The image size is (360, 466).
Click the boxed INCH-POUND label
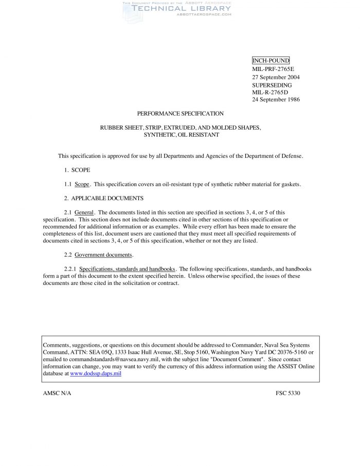pos(271,61)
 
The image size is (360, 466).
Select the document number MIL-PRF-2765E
pos(273,69)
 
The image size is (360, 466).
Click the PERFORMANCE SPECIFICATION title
pos(180,113)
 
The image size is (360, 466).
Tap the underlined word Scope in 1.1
pos(82,184)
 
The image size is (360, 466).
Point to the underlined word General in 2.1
pos(84,212)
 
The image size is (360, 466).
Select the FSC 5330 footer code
pos(287,393)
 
